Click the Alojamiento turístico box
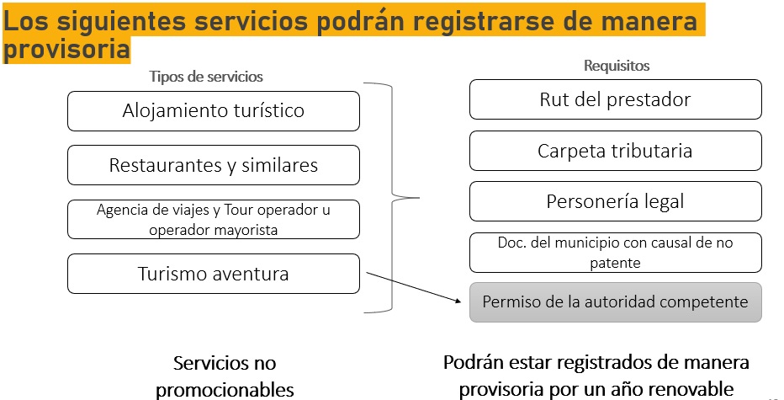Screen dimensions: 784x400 (214, 111)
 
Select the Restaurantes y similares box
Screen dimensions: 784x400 (214, 165)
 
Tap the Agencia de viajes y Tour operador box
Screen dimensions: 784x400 (214, 219)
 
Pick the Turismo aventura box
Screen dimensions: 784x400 (214, 274)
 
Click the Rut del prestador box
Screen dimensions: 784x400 (616, 99)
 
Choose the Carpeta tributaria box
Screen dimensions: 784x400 (616, 151)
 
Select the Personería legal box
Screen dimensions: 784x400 (616, 201)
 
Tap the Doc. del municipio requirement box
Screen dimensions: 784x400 (616, 253)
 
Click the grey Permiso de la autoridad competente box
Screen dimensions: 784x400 (616, 302)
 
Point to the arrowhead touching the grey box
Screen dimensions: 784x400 (457, 301)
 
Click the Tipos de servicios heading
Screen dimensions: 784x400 (206, 77)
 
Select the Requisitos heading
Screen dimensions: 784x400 (617, 66)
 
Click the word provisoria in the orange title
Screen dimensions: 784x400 (66, 49)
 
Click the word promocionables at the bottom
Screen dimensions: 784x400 (225, 390)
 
